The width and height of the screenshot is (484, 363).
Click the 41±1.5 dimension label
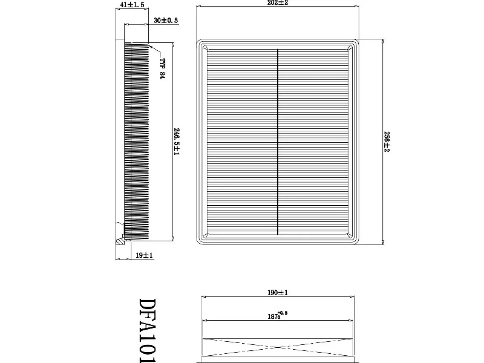(132, 5)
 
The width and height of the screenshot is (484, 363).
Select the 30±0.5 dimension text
(166, 21)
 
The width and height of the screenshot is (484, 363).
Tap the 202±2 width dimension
(277, 3)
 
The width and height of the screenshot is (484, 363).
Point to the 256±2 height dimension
(386, 142)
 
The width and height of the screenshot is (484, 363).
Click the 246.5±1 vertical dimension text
(177, 142)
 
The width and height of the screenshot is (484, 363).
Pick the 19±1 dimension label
(144, 255)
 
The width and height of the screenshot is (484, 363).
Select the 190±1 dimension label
(277, 293)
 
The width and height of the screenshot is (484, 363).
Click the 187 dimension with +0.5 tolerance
(277, 315)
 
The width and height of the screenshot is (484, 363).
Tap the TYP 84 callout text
(162, 69)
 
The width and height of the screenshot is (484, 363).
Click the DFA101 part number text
(148, 331)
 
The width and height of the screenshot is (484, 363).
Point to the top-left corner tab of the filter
(205, 48)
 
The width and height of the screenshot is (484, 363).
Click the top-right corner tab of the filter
(350, 48)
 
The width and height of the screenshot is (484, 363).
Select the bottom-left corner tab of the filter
(205, 236)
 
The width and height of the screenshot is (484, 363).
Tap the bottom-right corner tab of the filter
(350, 236)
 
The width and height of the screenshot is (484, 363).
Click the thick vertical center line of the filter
(277, 142)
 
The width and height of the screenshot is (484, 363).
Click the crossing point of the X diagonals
(277, 348)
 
